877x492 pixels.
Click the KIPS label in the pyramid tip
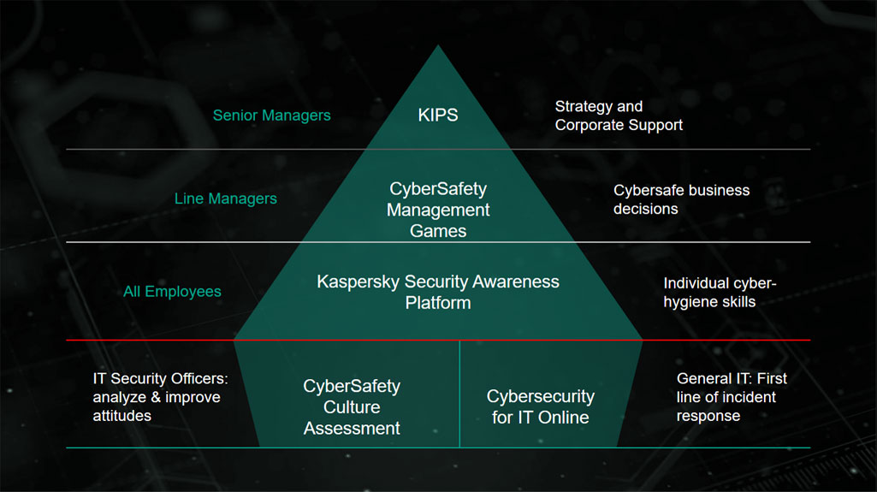pyautogui.click(x=438, y=115)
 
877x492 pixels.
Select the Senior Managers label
pyautogui.click(x=271, y=115)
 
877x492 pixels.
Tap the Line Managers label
pyautogui.click(x=225, y=199)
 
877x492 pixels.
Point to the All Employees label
pyautogui.click(x=172, y=292)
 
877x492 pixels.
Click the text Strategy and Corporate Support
pyautogui.click(x=619, y=116)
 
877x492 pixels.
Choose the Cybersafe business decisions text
pyautogui.click(x=681, y=199)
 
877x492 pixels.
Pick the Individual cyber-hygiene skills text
pyautogui.click(x=720, y=292)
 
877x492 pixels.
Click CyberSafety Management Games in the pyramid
pyautogui.click(x=438, y=209)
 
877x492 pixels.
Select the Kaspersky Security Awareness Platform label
pyautogui.click(x=438, y=292)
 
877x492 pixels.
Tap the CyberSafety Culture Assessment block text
pyautogui.click(x=352, y=406)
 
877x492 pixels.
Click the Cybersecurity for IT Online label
pyautogui.click(x=540, y=406)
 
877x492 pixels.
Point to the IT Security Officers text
pyautogui.click(x=166, y=396)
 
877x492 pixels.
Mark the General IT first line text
pyautogui.click(x=732, y=396)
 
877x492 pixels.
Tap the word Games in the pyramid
pyautogui.click(x=438, y=230)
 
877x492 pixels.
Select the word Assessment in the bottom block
pyautogui.click(x=352, y=428)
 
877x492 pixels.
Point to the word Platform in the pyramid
pyautogui.click(x=438, y=302)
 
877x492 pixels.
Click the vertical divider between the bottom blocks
pyautogui.click(x=459, y=394)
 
